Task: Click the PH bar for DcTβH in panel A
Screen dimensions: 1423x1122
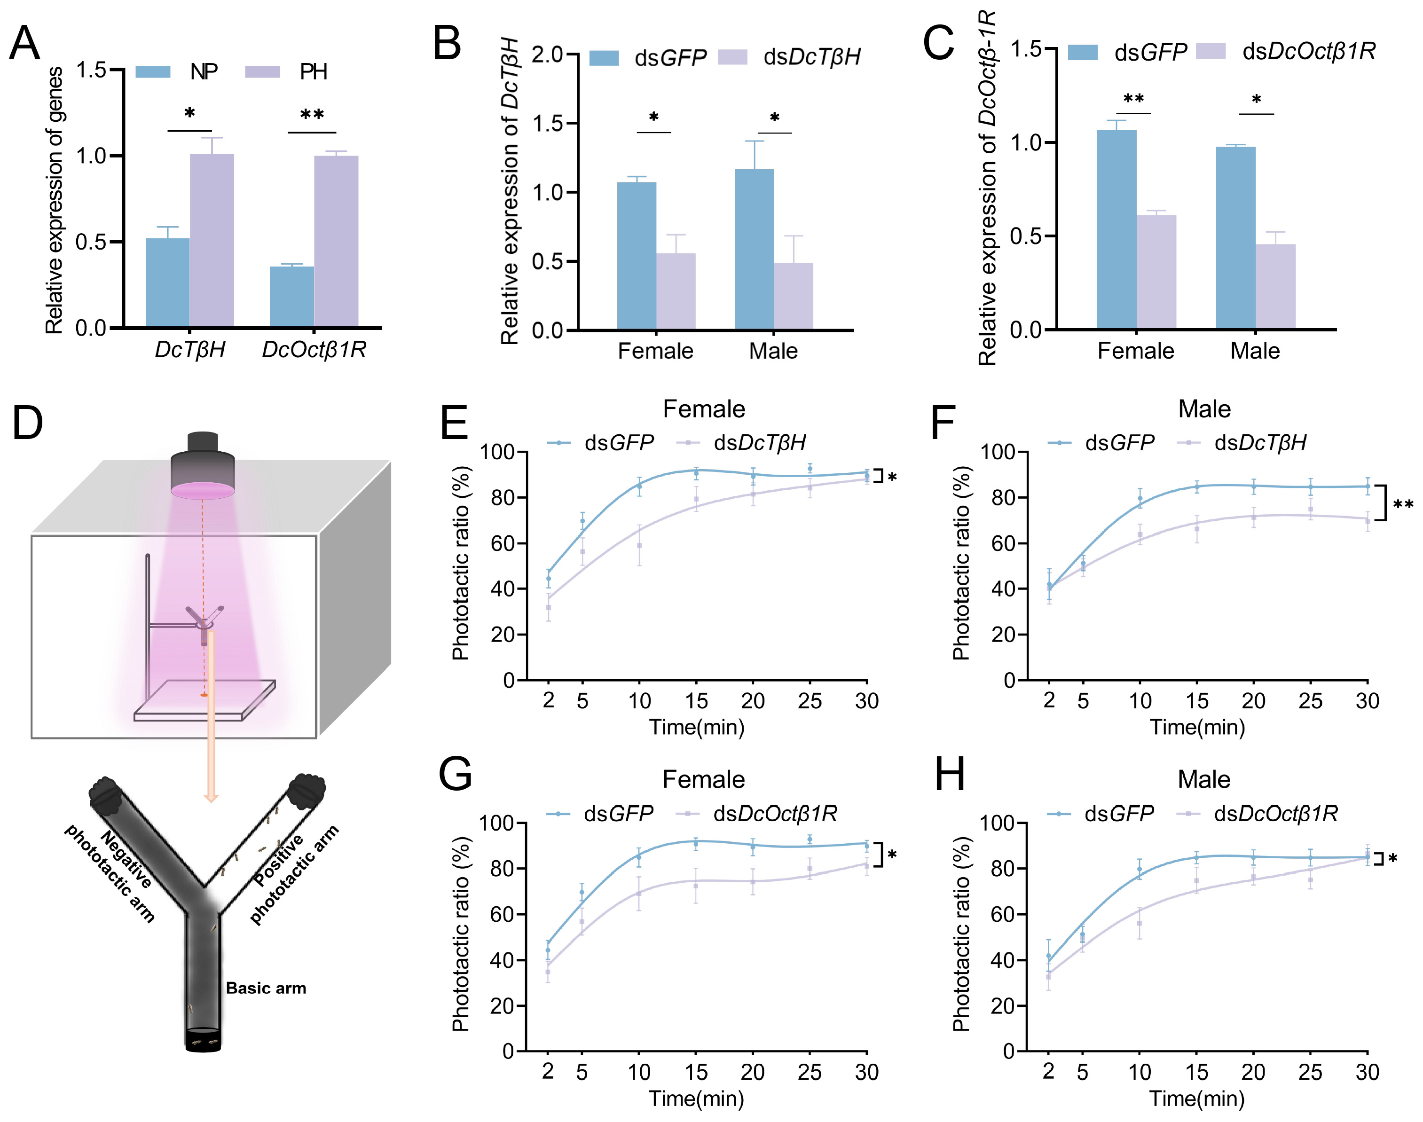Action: (x=212, y=241)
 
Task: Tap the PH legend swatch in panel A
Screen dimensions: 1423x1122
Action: (x=262, y=71)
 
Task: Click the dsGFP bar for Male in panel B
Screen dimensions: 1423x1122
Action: (x=754, y=249)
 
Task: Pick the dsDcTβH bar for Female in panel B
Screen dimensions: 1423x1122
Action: (x=676, y=291)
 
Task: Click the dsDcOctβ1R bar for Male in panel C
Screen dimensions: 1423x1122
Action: (x=1275, y=286)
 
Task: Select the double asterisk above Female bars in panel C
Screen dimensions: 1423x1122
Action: (x=1133, y=100)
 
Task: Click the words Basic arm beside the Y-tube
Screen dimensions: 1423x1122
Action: (x=266, y=988)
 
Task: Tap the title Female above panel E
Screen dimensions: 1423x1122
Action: (x=704, y=409)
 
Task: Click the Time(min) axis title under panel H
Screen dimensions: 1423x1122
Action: (x=1197, y=1098)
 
